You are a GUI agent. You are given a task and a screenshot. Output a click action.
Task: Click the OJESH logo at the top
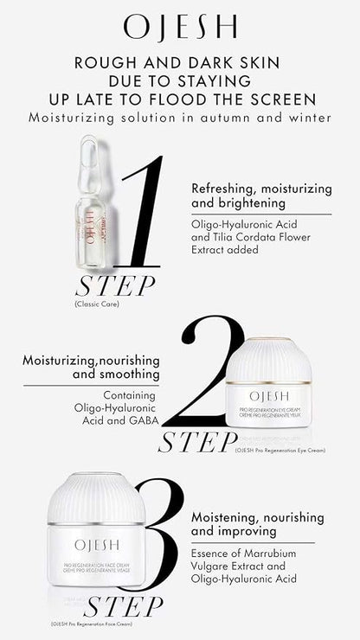[x=179, y=28]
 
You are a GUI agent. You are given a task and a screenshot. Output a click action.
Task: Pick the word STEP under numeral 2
[x=196, y=442]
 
